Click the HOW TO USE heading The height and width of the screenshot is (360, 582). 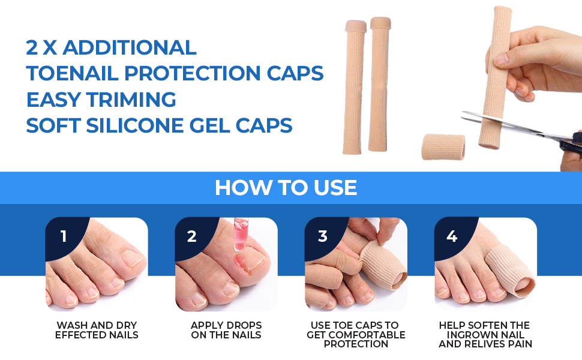tap(286, 188)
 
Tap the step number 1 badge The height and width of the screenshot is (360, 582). tap(64, 236)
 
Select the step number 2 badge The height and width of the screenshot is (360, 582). tap(191, 236)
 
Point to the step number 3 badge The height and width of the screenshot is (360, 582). tap(322, 236)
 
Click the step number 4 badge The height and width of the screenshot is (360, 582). tap(451, 236)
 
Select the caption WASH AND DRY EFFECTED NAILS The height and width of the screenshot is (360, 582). tap(97, 330)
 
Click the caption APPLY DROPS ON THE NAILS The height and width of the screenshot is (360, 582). tap(226, 330)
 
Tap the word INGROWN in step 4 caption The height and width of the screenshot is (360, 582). tap(485, 335)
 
